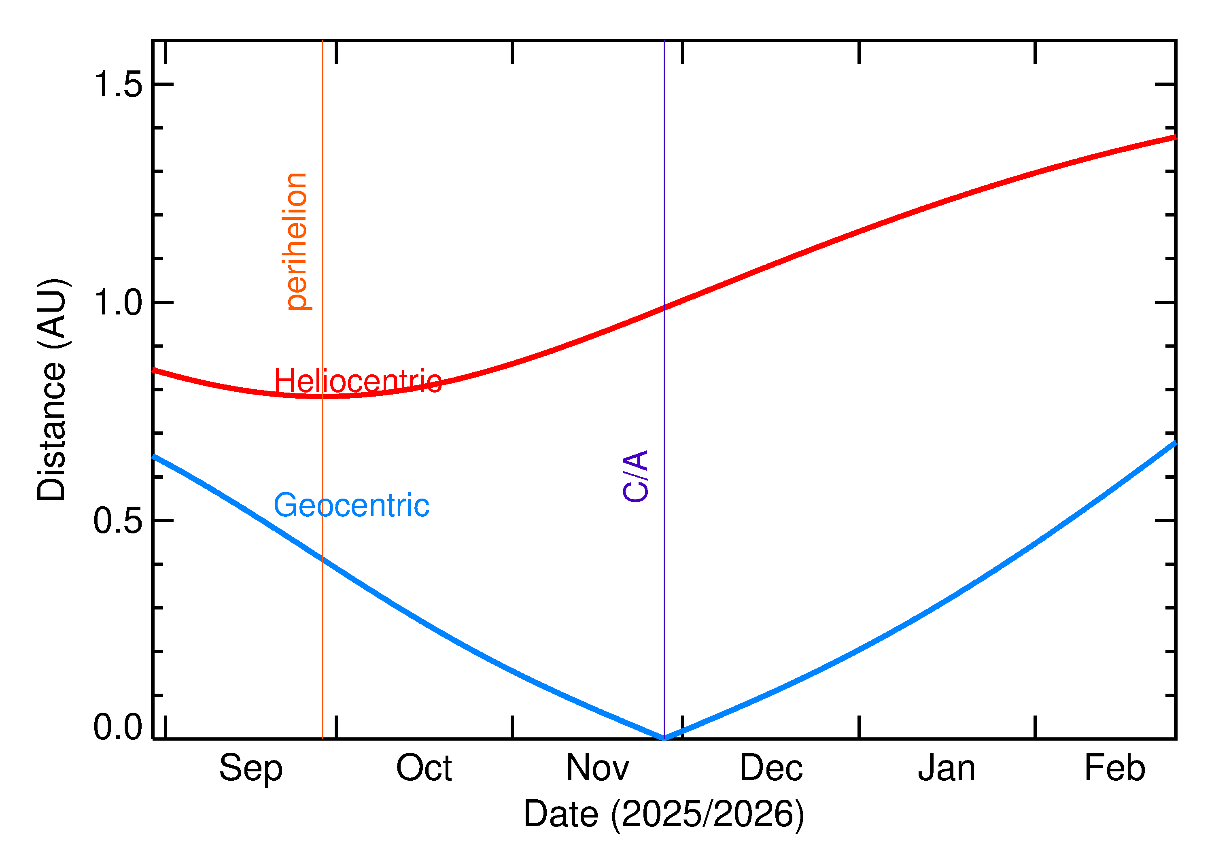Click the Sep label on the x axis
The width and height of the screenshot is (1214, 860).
(x=250, y=769)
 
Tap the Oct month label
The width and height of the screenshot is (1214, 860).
(x=424, y=769)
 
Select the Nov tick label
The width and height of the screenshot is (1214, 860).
(x=597, y=769)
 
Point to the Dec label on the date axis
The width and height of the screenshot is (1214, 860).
(x=771, y=769)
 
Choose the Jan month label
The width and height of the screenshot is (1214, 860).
(x=947, y=769)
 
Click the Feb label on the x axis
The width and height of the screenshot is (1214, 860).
(x=1114, y=769)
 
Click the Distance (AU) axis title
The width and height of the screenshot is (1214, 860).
(x=51, y=389)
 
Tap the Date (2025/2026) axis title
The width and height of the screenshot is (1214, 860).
(x=664, y=814)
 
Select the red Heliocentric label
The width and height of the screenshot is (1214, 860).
(x=358, y=381)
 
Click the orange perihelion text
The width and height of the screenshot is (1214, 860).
(x=297, y=242)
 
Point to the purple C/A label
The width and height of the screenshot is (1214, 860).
(x=636, y=476)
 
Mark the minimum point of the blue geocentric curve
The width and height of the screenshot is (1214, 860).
(x=664, y=738)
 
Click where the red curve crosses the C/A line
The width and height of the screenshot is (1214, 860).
(x=664, y=308)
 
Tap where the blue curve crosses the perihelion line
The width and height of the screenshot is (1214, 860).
(x=323, y=558)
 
